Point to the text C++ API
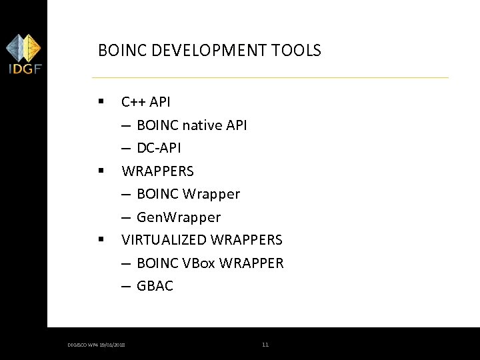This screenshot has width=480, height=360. (145, 102)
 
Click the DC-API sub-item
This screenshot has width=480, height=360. (159, 148)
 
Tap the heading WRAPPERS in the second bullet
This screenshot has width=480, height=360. (157, 171)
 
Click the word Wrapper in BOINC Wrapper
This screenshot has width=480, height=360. (211, 194)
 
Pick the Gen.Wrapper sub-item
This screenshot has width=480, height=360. (178, 217)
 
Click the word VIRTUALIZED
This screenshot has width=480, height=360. (163, 239)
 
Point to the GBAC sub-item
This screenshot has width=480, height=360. (155, 286)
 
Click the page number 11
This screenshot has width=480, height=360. (265, 345)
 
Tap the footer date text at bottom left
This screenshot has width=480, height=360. (97, 345)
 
